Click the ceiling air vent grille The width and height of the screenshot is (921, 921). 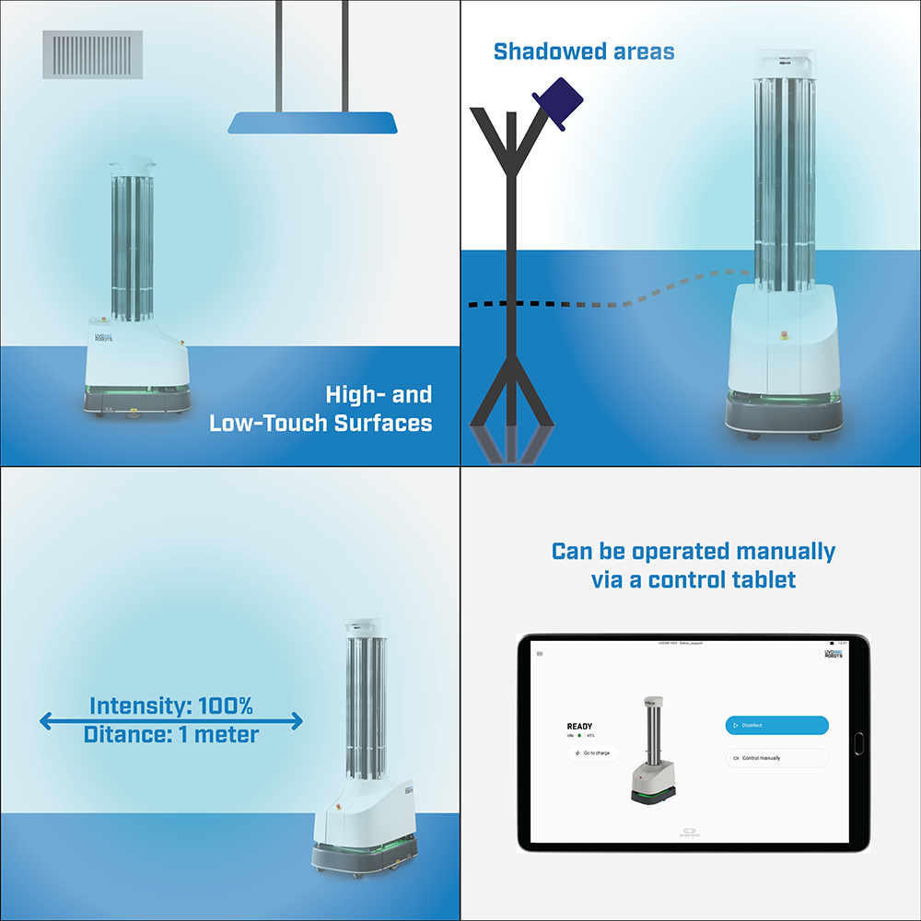coord(93,54)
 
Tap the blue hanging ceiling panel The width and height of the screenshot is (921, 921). coord(313,122)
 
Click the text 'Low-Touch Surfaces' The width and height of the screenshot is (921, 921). coord(321,424)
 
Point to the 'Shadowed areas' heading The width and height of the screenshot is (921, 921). coord(584,52)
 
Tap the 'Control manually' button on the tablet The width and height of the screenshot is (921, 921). coord(776,758)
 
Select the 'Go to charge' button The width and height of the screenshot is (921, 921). coord(592,753)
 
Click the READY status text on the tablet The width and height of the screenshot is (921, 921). coord(579,727)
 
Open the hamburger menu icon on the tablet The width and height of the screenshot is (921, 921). coord(540,654)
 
